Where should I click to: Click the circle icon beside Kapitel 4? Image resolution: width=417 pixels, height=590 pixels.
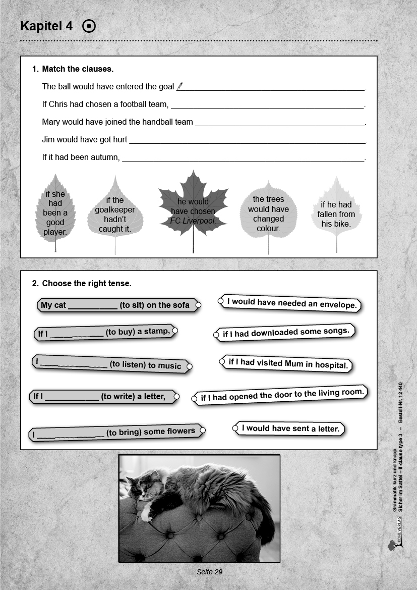coord(89,26)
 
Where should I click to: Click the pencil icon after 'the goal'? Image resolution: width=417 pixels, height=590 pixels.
coord(181,86)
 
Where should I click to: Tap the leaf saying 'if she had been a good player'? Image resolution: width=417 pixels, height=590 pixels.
coord(55,212)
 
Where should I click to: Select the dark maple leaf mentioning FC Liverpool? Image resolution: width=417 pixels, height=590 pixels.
coord(193,210)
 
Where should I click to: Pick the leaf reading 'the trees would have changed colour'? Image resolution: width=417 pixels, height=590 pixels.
coord(268,213)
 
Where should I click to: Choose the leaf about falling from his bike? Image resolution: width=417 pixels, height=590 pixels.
coord(336,213)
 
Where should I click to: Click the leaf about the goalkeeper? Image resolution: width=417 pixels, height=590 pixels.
coord(115,214)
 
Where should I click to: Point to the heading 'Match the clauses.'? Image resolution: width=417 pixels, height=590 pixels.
coord(78,69)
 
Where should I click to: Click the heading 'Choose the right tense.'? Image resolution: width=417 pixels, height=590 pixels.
coord(87,284)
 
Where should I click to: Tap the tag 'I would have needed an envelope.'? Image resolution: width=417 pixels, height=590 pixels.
coord(291,303)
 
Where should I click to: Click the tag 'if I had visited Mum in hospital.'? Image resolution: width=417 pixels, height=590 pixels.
coord(288,364)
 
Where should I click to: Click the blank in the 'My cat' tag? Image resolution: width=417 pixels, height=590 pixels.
coord(92,305)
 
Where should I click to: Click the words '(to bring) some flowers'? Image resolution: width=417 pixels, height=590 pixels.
coord(150,432)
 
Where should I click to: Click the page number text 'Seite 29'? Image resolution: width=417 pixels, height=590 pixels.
coord(209,572)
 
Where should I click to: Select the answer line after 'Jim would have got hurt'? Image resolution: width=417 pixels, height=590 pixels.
coord(247,140)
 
